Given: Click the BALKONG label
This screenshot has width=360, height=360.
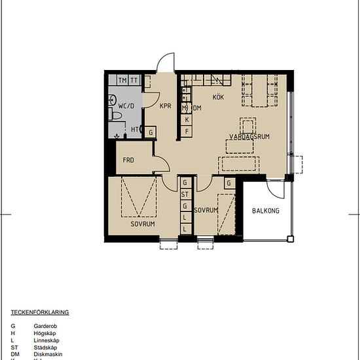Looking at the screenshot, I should coord(266,211).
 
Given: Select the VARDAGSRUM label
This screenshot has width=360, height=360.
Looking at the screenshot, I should coord(249,136).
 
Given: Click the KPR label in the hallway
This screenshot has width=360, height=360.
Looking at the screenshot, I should coord(165,105).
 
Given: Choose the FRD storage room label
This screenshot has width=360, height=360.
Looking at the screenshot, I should coord(128,160).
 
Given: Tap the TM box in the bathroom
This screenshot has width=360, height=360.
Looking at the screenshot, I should coord(122,80).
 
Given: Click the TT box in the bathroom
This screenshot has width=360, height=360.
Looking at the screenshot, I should coord(134,80).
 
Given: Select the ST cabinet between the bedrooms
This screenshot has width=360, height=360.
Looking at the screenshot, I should coord(185,194).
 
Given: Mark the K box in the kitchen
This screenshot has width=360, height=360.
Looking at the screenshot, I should coord(187,120).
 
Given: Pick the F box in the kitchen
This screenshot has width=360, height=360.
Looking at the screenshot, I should coord(187,132).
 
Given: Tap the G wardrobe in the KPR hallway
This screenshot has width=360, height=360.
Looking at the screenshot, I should coord(151,132).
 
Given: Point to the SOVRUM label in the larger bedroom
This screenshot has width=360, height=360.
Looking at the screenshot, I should coord(142,224).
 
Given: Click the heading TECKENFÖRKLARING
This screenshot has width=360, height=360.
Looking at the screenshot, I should coord(40,312).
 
